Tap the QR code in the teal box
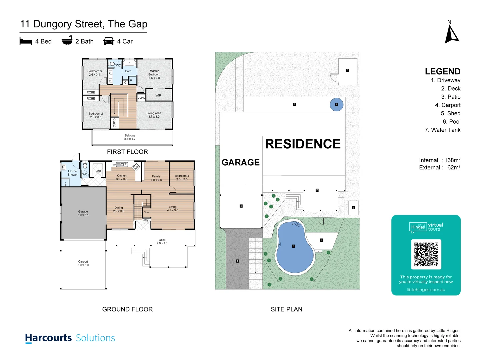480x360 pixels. tap(426, 254)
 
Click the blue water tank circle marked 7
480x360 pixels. tap(336, 105)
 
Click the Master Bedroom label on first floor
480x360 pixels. tap(154, 74)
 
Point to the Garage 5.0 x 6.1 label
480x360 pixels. tap(83, 213)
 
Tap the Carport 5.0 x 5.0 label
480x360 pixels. tap(83, 263)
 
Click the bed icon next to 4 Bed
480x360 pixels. tap(26, 41)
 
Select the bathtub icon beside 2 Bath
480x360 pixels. tap(67, 41)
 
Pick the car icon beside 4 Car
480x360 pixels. tap(109, 41)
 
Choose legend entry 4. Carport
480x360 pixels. tap(448, 105)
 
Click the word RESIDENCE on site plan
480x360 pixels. tap(303, 144)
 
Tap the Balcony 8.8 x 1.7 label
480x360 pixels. tap(130, 137)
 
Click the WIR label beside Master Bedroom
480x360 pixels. tap(158, 96)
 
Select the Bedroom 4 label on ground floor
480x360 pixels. tap(182, 177)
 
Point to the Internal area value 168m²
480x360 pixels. tap(452, 160)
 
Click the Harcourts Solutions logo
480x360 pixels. tap(70, 338)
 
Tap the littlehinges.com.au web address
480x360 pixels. tap(426, 290)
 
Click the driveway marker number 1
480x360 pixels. tap(237, 261)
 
